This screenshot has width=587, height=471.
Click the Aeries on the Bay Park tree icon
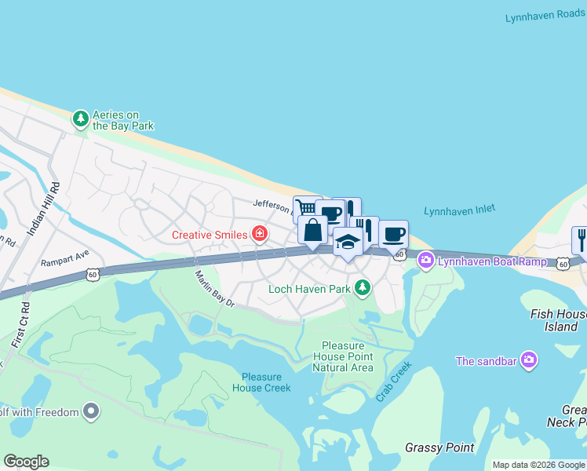coord(80,119)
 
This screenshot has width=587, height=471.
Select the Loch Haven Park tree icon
coord(362,288)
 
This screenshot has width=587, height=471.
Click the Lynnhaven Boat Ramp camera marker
coord(426,260)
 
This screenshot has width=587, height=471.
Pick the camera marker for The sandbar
coord(530,360)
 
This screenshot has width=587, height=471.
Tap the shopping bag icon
coord(312,232)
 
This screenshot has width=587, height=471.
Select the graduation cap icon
coord(348,242)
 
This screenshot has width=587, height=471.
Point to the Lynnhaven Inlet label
coord(460,210)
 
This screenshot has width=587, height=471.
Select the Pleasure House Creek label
coord(261,382)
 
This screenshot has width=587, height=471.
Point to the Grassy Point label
coord(439,447)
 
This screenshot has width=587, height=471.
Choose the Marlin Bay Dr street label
coord(215,288)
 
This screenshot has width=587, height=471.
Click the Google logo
coord(26,462)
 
